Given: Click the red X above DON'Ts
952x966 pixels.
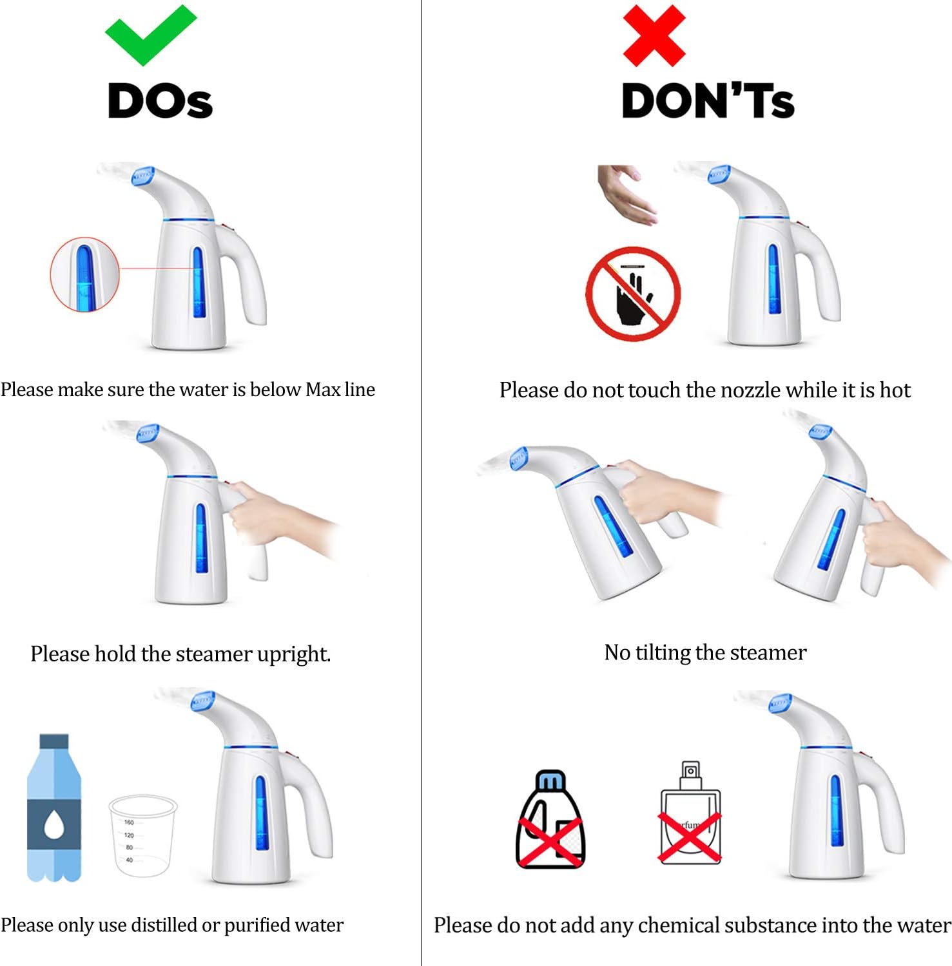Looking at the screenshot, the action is [x=654, y=35].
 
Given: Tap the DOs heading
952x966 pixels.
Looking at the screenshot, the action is [x=160, y=101].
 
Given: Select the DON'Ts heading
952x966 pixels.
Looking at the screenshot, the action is [x=708, y=101].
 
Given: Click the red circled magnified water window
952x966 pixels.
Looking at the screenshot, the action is [x=84, y=274].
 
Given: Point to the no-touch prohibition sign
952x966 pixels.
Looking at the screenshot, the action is [x=633, y=293].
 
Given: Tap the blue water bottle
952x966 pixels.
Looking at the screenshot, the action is [x=54, y=808].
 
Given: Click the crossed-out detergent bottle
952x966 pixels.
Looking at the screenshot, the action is [x=550, y=819].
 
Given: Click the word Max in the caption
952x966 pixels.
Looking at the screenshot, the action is [x=323, y=390].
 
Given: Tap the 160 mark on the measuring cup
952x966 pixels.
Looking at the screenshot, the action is [x=129, y=822].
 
